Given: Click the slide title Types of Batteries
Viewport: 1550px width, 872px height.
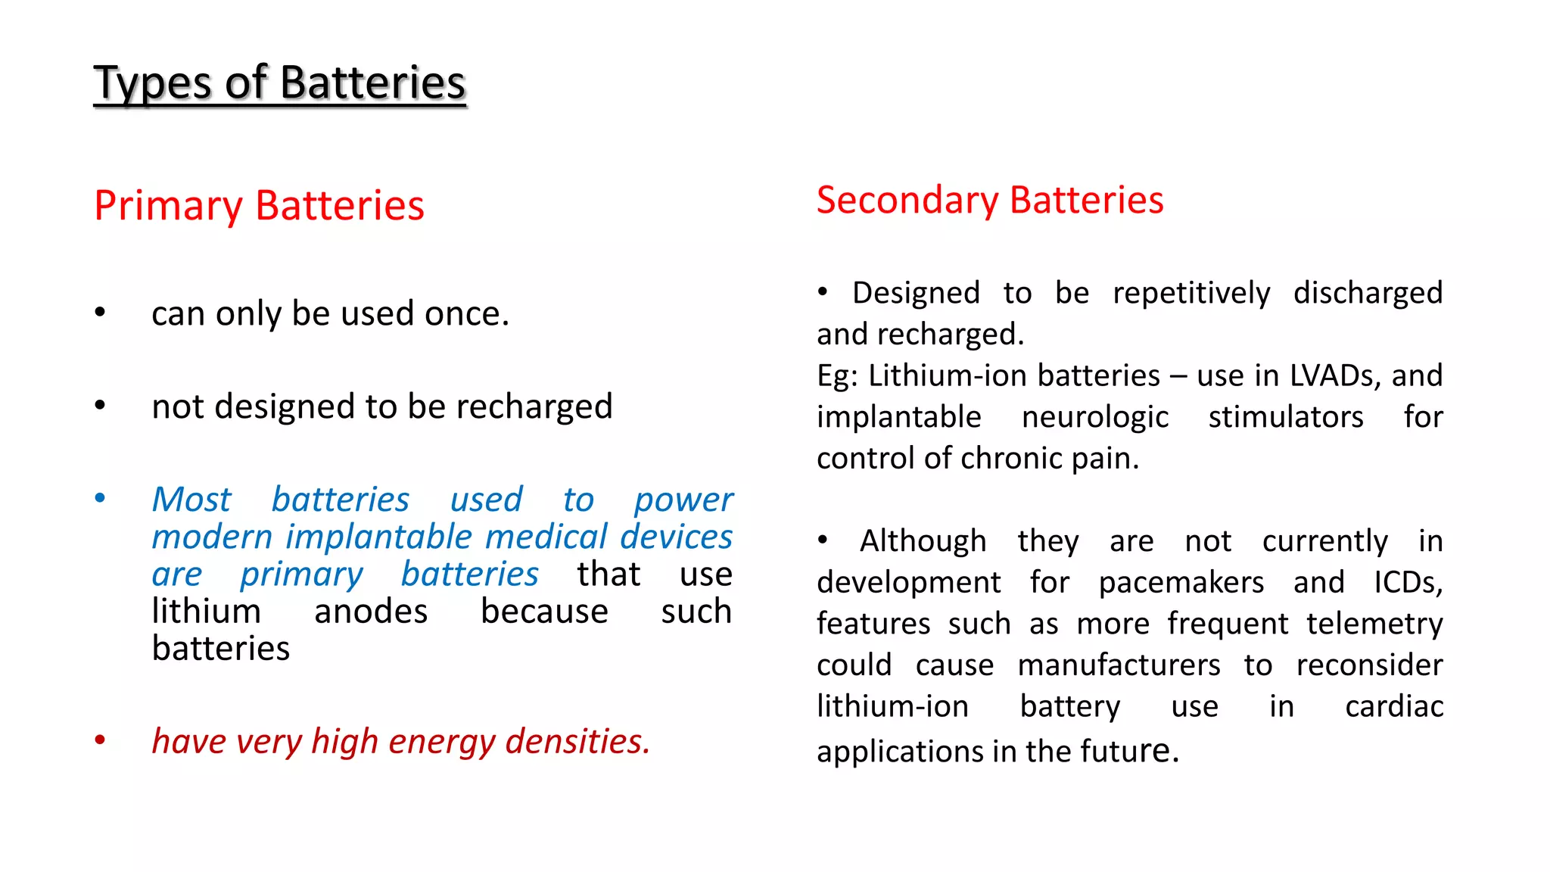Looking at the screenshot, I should point(279,83).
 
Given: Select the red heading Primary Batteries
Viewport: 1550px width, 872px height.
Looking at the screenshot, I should point(259,206).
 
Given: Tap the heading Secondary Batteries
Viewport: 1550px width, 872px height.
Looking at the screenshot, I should point(989,201).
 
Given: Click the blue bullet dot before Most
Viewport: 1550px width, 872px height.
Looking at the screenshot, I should point(100,498).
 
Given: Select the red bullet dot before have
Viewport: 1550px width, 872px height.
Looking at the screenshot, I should point(100,740).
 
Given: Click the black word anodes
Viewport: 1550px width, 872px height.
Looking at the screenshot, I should point(371,612).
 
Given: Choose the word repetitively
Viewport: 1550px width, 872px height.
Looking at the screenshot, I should point(1191,294).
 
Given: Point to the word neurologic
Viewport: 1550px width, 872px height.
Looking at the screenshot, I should point(1094,417).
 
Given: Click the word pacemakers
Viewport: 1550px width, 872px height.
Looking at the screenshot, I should point(1181,583).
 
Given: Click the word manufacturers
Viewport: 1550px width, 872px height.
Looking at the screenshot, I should point(1119,665).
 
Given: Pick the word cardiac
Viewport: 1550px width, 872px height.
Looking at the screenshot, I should point(1394,707).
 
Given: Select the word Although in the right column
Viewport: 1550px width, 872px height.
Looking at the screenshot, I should point(923,542).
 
